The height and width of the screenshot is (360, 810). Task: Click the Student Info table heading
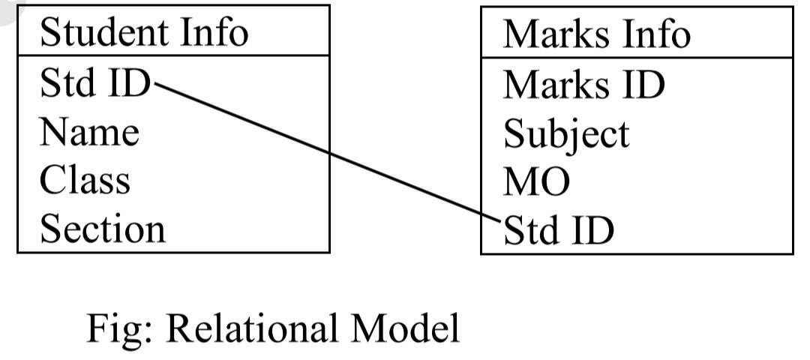(x=143, y=33)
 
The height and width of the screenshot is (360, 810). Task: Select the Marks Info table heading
(x=596, y=34)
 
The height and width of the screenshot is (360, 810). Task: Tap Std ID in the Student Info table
(x=95, y=83)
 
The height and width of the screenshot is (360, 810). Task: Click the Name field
(x=89, y=133)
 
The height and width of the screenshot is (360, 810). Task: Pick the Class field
(x=85, y=181)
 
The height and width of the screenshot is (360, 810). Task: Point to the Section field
(x=102, y=228)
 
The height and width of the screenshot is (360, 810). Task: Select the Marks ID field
(x=583, y=85)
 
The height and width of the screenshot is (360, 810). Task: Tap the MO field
(x=536, y=182)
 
